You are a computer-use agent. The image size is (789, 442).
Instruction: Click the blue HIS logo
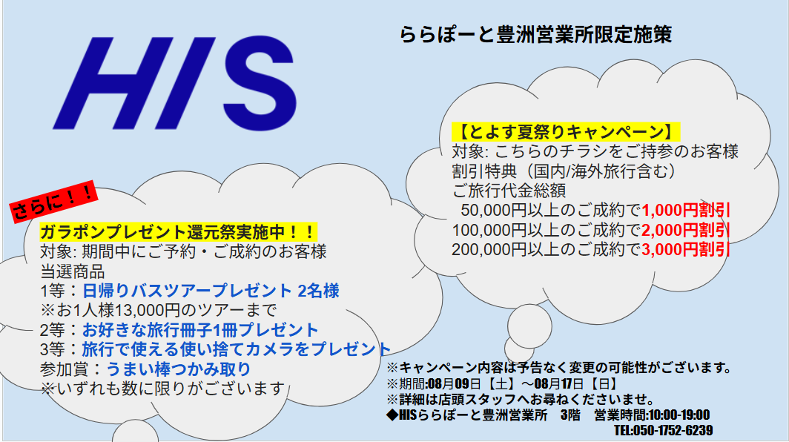(174, 83)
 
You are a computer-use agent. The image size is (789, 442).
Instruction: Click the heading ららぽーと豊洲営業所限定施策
(536, 35)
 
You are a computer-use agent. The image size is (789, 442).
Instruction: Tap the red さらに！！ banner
(53, 202)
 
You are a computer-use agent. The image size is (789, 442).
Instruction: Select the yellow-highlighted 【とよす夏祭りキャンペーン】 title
(566, 132)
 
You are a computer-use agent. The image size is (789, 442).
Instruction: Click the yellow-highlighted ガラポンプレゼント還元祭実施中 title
(178, 232)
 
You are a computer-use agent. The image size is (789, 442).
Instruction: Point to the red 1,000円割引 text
(686, 210)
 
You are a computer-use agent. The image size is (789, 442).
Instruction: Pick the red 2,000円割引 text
(686, 230)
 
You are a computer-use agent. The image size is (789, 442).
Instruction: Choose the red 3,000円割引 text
(686, 250)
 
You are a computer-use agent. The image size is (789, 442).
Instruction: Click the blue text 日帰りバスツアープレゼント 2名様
(211, 291)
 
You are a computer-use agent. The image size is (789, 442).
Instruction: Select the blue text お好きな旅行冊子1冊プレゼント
(200, 330)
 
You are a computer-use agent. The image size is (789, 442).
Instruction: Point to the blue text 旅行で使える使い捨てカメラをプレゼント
(237, 349)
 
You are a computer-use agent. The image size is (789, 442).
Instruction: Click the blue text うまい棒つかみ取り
(179, 369)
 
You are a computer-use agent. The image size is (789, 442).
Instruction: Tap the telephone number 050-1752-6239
(673, 430)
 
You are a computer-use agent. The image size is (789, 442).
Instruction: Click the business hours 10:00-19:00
(679, 415)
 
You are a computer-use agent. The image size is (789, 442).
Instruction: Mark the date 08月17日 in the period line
(559, 384)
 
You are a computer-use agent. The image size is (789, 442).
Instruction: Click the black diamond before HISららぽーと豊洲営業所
(392, 415)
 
